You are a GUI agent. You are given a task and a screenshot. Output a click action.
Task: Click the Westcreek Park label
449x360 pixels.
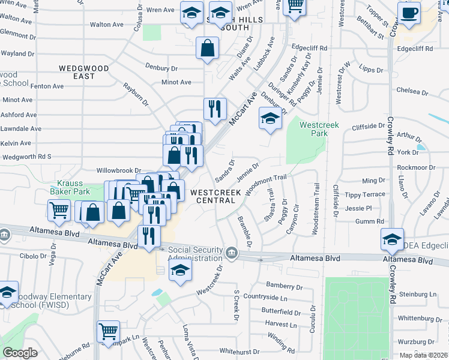[319, 130]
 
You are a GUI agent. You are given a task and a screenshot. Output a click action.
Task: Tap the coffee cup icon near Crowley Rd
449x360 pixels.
[409, 13]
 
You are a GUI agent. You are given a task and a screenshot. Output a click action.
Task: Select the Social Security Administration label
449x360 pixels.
[195, 253]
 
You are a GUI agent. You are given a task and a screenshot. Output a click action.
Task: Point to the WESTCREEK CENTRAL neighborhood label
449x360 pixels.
[216, 196]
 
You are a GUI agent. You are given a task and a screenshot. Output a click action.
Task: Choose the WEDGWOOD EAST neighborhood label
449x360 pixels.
[83, 72]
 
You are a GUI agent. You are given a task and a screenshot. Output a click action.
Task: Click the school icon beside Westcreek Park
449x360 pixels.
[270, 118]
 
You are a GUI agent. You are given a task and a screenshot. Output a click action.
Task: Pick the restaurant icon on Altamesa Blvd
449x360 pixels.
[149, 236]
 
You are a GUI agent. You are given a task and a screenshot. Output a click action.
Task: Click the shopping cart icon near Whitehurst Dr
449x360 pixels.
[108, 331]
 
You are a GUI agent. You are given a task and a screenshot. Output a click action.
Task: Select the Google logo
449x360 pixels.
[20, 353]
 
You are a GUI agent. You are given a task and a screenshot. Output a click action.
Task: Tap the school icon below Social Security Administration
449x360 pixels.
[180, 271]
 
